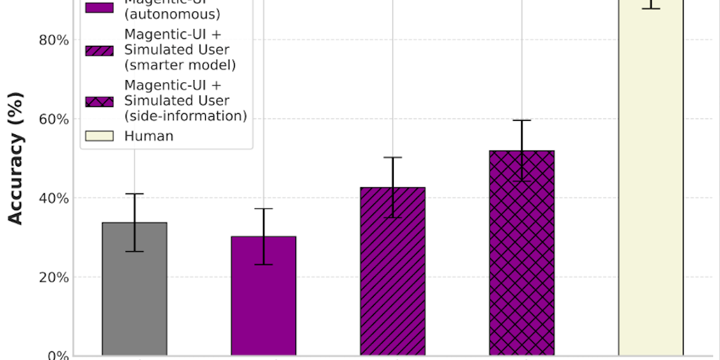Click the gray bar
[134, 295]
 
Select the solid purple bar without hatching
[264, 302]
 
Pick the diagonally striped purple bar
[392, 281]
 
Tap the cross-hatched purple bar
[522, 260]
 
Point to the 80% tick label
[53, 40]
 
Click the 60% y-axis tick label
[53, 119]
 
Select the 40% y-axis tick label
[53, 198]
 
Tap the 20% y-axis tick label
[53, 277]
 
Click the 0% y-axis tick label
[57, 355]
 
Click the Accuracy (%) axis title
[15, 157]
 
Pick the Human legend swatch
[99, 136]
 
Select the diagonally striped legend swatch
[99, 49]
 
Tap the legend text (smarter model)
[179, 65]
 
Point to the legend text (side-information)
[185, 116]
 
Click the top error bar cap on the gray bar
[134, 193]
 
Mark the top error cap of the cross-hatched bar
[522, 120]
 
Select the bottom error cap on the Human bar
[651, 8]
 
